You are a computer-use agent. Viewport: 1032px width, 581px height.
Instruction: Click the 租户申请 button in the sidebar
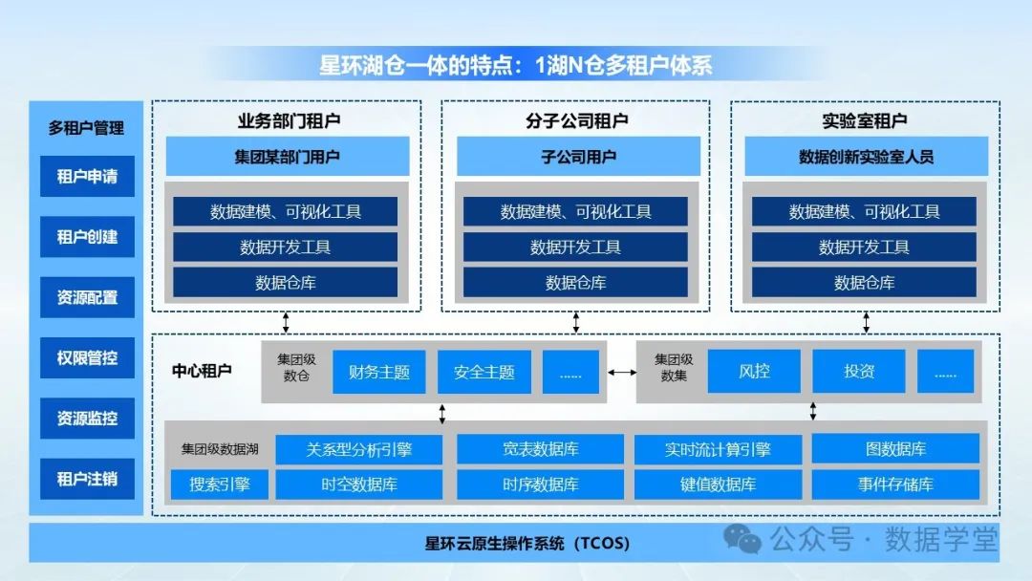(x=87, y=177)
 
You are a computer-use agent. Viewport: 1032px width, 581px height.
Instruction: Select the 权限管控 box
(x=87, y=358)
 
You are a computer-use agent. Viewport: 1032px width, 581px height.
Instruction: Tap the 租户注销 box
(x=87, y=479)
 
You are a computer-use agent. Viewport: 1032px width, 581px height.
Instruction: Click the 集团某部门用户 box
(x=288, y=157)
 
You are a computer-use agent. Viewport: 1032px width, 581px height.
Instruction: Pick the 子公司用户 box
(x=575, y=157)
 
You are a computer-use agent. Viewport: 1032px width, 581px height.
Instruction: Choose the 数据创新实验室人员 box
(x=866, y=157)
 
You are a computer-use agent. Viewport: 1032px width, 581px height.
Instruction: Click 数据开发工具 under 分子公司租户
(x=575, y=247)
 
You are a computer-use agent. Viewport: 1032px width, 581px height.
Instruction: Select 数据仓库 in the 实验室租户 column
(x=864, y=283)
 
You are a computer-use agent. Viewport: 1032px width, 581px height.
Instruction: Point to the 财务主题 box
(x=379, y=372)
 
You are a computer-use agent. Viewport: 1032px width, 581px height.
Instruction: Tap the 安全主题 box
(x=484, y=372)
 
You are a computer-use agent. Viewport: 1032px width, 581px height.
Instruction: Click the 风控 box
(x=754, y=372)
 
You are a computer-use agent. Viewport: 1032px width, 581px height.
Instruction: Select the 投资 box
(x=859, y=372)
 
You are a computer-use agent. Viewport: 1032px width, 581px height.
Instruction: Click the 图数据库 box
(x=895, y=449)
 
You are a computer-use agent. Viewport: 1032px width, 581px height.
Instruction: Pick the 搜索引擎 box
(x=220, y=484)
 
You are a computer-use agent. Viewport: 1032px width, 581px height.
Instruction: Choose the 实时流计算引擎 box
(x=719, y=449)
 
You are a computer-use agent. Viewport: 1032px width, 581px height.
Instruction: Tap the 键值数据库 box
(x=719, y=484)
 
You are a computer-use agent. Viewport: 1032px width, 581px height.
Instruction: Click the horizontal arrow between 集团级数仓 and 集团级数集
(x=622, y=373)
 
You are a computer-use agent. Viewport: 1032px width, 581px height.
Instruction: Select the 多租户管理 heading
(x=87, y=127)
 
